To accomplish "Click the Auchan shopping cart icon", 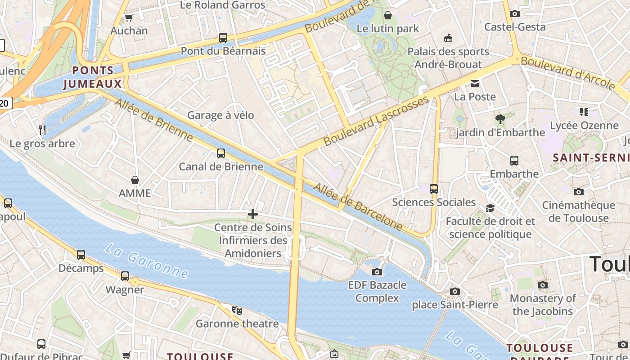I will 129,18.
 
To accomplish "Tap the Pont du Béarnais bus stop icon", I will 223,38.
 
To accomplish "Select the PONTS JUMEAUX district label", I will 93,77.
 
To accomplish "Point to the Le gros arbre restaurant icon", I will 42,130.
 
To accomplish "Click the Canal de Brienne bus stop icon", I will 221,153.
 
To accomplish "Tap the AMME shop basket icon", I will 135,180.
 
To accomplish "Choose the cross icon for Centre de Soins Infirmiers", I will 253,214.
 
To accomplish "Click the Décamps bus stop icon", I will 81,255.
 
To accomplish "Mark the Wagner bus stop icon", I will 125,276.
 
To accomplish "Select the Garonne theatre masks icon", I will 237,310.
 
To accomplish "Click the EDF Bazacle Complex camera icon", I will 377,272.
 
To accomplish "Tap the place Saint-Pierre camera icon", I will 455,291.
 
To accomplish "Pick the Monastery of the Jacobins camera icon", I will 543,285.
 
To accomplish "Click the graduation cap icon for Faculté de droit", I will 490,208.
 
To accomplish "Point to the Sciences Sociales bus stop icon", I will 434,189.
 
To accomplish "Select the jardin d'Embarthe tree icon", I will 500,119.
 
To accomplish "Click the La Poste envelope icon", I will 475,84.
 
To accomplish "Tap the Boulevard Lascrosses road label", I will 376,121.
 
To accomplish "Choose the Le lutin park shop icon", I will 387,16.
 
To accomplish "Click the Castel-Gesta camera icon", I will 515,14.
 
